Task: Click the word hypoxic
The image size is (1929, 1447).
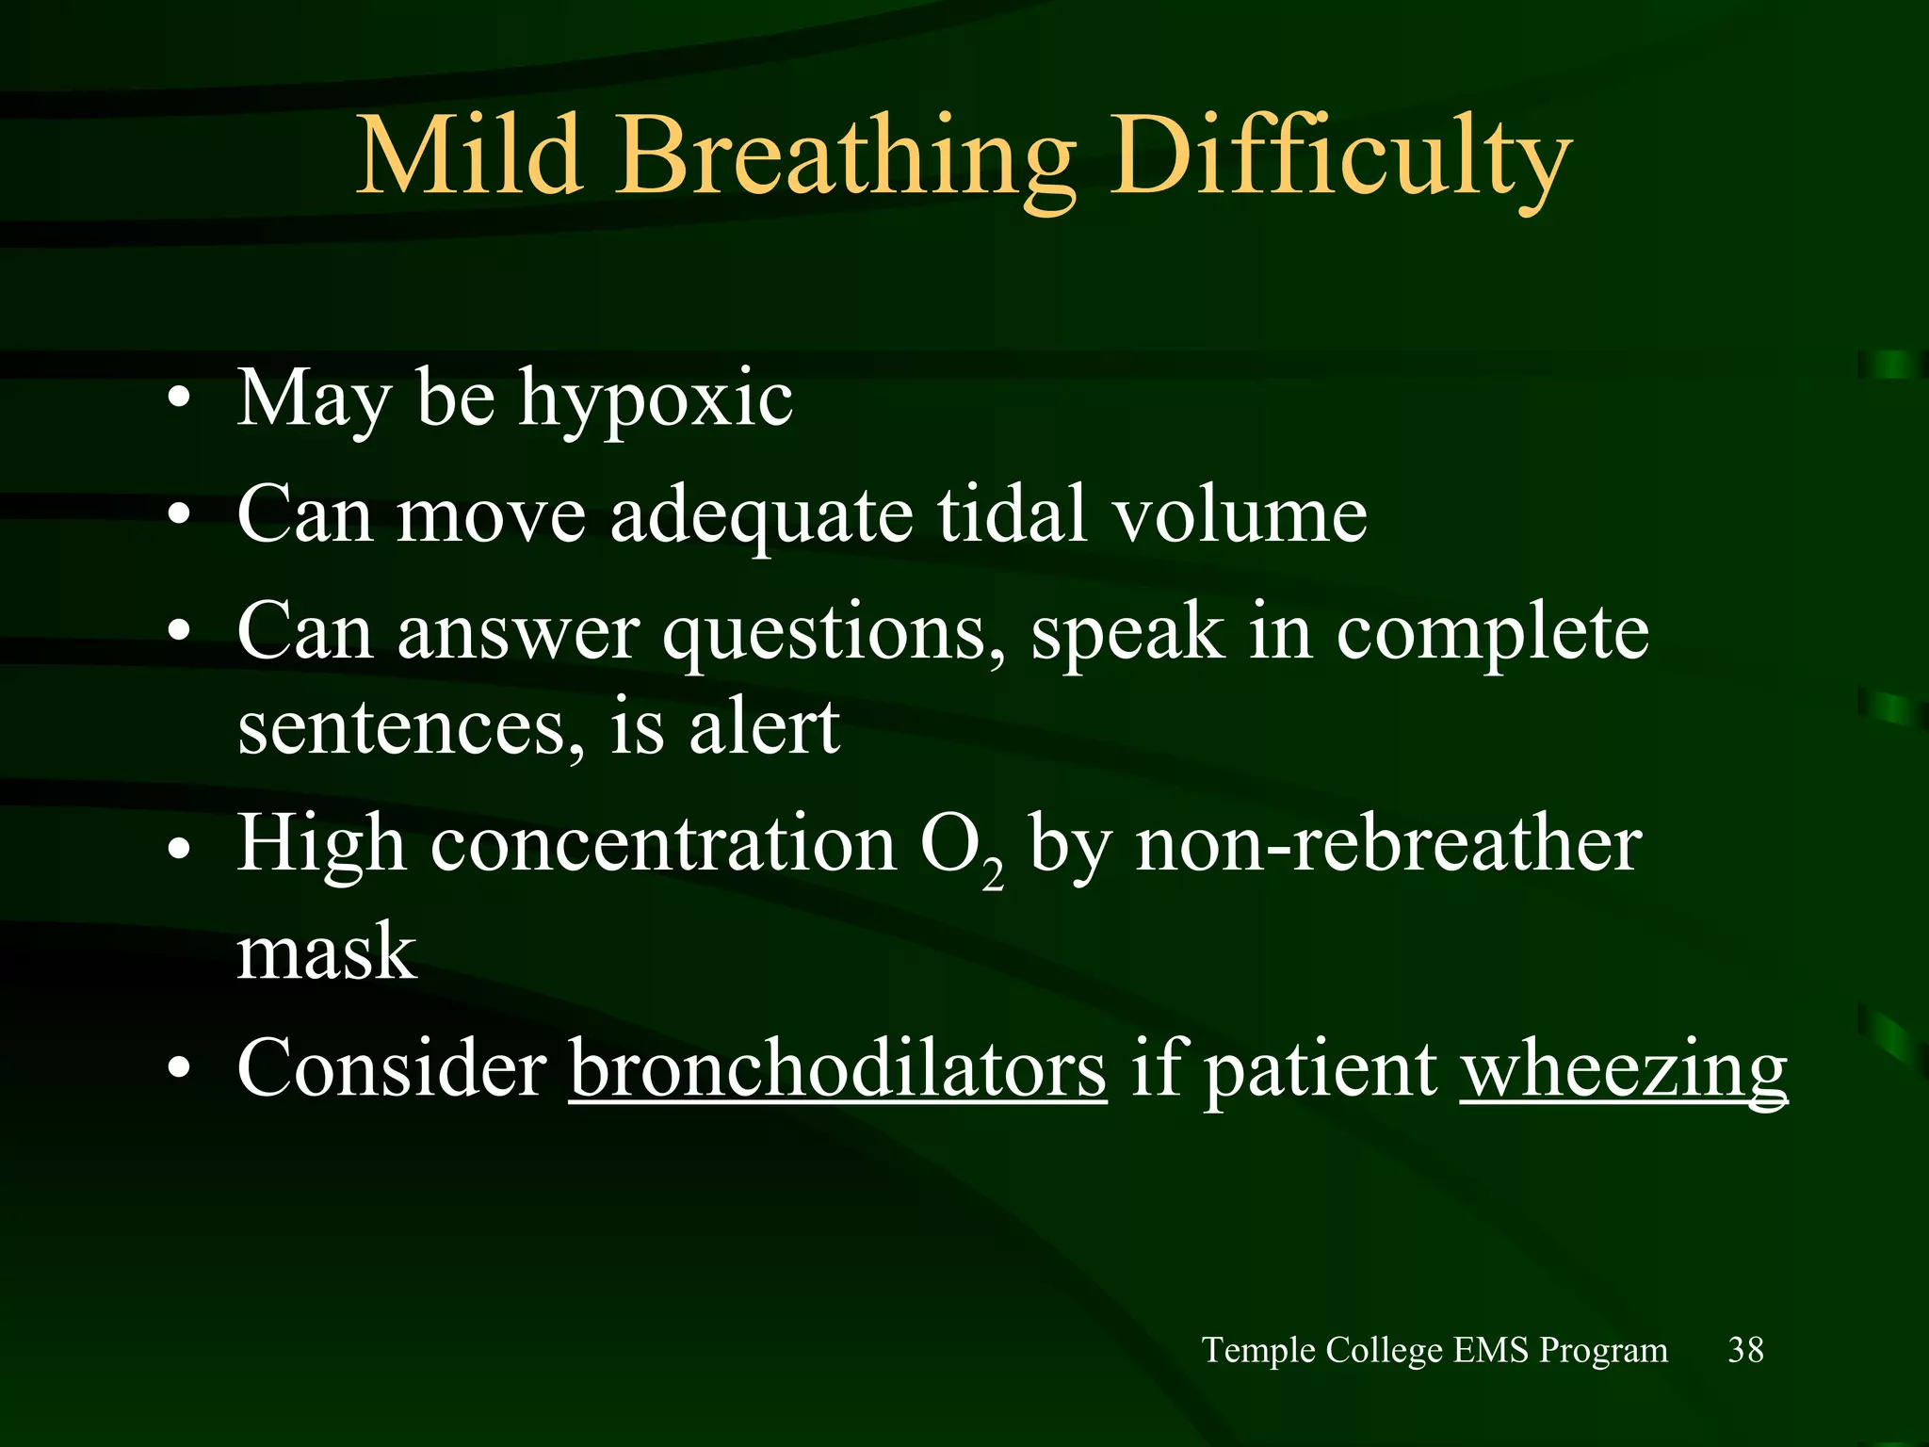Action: click(x=656, y=400)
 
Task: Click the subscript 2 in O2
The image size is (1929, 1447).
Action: click(x=992, y=875)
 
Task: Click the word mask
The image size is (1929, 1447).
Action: click(x=326, y=951)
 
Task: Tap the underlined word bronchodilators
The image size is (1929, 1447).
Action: click(x=837, y=1070)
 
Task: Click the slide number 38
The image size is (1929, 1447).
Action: click(x=1745, y=1350)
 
